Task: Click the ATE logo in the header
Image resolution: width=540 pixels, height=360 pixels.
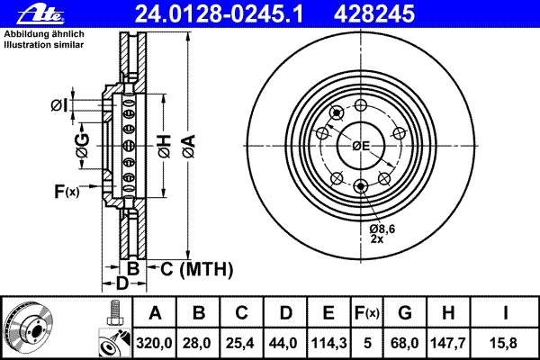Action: point(40,13)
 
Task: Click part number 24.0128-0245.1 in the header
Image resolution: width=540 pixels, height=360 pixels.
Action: point(219,13)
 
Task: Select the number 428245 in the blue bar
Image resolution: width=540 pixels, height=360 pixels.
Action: point(374,13)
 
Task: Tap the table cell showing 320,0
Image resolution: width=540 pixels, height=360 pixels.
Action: point(154,343)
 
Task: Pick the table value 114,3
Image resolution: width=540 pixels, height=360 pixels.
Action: point(328,343)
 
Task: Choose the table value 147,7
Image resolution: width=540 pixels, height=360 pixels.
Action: point(448,343)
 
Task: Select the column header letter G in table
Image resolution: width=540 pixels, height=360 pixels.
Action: point(405,313)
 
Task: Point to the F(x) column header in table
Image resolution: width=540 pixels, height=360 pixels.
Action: point(367,313)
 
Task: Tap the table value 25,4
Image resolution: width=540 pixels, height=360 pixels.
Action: point(240,343)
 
